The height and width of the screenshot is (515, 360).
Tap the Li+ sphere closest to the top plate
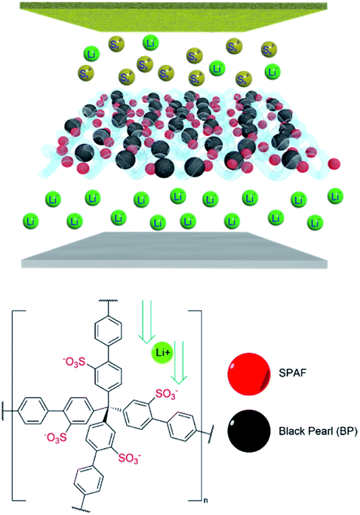click(149, 42)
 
